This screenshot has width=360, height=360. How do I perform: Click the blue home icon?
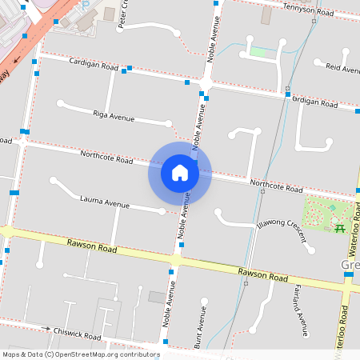(180, 172)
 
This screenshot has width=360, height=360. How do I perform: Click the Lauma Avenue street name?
(104, 201)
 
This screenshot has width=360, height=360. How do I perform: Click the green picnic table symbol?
(339, 229)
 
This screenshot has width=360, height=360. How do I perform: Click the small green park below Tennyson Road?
(258, 52)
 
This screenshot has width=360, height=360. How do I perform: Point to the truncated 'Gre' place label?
(350, 264)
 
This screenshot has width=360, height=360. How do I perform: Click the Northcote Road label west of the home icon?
(106, 157)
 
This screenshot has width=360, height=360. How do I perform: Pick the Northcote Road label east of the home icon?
(276, 186)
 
